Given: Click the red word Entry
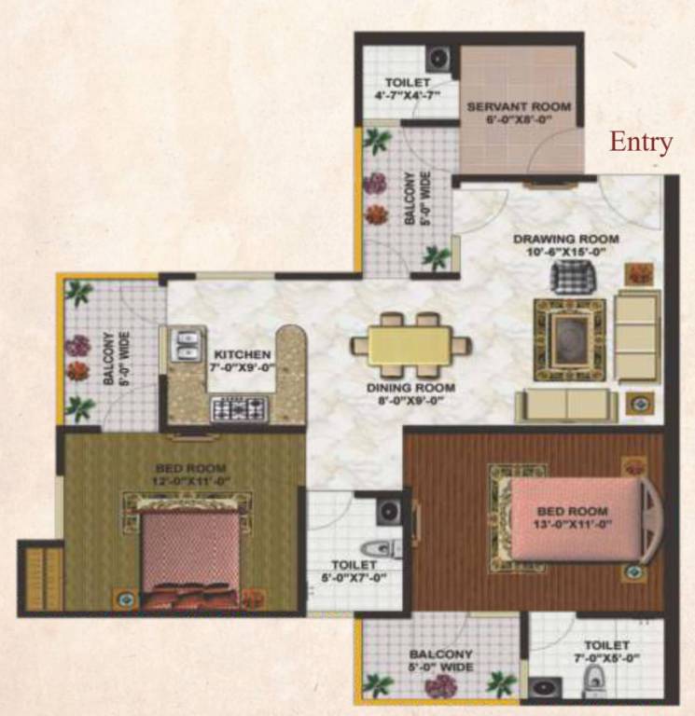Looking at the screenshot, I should [x=641, y=142].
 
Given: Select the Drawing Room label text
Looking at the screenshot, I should [x=566, y=240].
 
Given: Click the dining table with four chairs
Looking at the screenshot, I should [x=410, y=343].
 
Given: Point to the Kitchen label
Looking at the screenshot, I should [x=243, y=355].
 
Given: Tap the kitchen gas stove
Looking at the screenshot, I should [x=239, y=407].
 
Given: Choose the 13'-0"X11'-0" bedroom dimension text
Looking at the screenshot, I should [x=572, y=525].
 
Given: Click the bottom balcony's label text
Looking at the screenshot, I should [x=441, y=660].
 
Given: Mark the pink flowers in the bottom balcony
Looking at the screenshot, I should [x=438, y=687].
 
